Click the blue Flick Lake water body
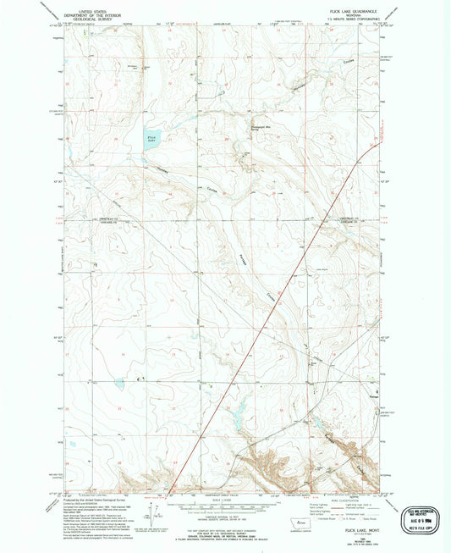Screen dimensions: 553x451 (151, 138)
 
